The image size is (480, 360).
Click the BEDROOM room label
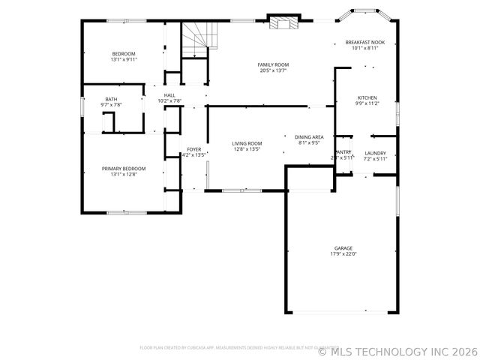tap(124, 53)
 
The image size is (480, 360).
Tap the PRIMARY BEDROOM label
tap(124, 169)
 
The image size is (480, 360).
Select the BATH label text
tap(111, 99)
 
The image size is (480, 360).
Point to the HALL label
tap(169, 95)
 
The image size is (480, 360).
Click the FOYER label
tap(193, 150)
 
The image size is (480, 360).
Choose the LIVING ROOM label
tap(247, 143)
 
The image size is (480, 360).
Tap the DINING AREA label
tap(309, 136)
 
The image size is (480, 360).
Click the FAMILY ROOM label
tap(274, 64)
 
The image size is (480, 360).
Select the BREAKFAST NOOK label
tap(365, 42)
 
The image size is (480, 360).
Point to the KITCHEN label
tap(367, 98)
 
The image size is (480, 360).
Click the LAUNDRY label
tap(375, 153)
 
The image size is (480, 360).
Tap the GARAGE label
tap(343, 248)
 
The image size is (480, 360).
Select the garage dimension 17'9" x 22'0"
tap(343, 254)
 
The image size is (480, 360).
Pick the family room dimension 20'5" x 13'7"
tap(274, 70)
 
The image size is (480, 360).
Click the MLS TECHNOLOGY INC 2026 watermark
tap(397, 350)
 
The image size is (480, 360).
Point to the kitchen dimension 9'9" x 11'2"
tap(367, 104)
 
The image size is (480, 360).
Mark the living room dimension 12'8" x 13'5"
tap(247, 149)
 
